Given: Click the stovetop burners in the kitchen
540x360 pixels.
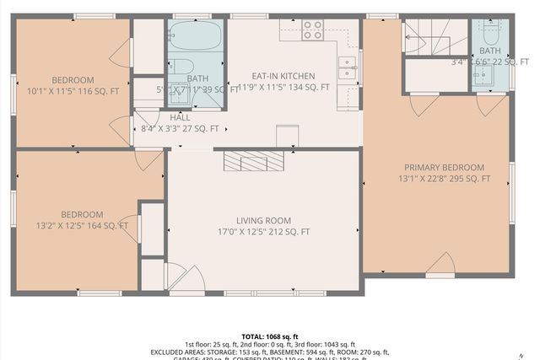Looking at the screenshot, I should tap(312, 30).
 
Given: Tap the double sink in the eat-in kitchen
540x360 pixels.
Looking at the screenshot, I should tap(347, 68).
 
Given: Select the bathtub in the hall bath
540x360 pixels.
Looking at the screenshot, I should tap(195, 36).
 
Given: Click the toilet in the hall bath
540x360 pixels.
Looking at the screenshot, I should tap(183, 67).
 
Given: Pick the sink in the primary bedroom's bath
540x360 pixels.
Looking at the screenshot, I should tap(483, 77).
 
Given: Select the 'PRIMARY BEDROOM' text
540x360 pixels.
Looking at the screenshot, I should tap(444, 167).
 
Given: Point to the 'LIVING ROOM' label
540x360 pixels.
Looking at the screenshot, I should tap(263, 221).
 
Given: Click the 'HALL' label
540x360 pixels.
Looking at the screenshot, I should tap(179, 118).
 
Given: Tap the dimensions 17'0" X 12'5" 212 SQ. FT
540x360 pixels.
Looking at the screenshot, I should tap(263, 232).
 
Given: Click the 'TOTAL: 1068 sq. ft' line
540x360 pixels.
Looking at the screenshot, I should tap(270, 335).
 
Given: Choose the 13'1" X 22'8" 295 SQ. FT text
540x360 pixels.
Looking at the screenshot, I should tap(444, 179).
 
